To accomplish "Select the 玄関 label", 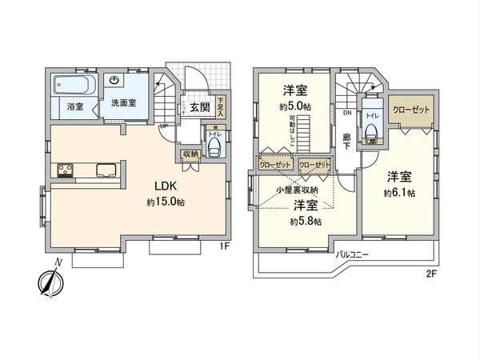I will (200, 106).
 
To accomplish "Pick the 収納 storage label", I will (190, 154).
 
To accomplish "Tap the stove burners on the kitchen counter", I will (63, 170).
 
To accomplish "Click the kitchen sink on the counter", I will (106, 170).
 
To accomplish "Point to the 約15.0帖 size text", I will (166, 202).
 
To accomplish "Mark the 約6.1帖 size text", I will (399, 193).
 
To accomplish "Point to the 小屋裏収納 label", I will (296, 190).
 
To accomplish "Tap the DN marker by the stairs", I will (346, 113).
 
